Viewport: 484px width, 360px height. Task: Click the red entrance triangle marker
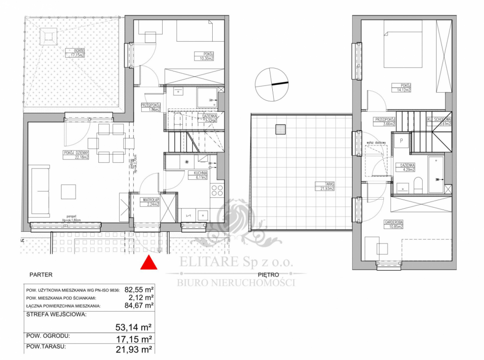149,263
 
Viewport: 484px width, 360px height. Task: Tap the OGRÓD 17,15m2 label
75,53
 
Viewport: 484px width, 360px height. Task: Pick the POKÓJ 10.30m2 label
204,56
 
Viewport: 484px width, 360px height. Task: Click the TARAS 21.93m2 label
325,186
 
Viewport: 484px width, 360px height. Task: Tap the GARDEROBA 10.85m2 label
393,224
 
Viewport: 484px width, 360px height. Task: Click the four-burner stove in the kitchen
216,191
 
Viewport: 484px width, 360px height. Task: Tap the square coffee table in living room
69,191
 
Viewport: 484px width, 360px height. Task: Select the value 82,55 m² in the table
139,288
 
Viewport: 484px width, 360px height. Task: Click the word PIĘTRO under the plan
268,274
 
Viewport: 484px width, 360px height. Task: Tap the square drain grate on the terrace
281,130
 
